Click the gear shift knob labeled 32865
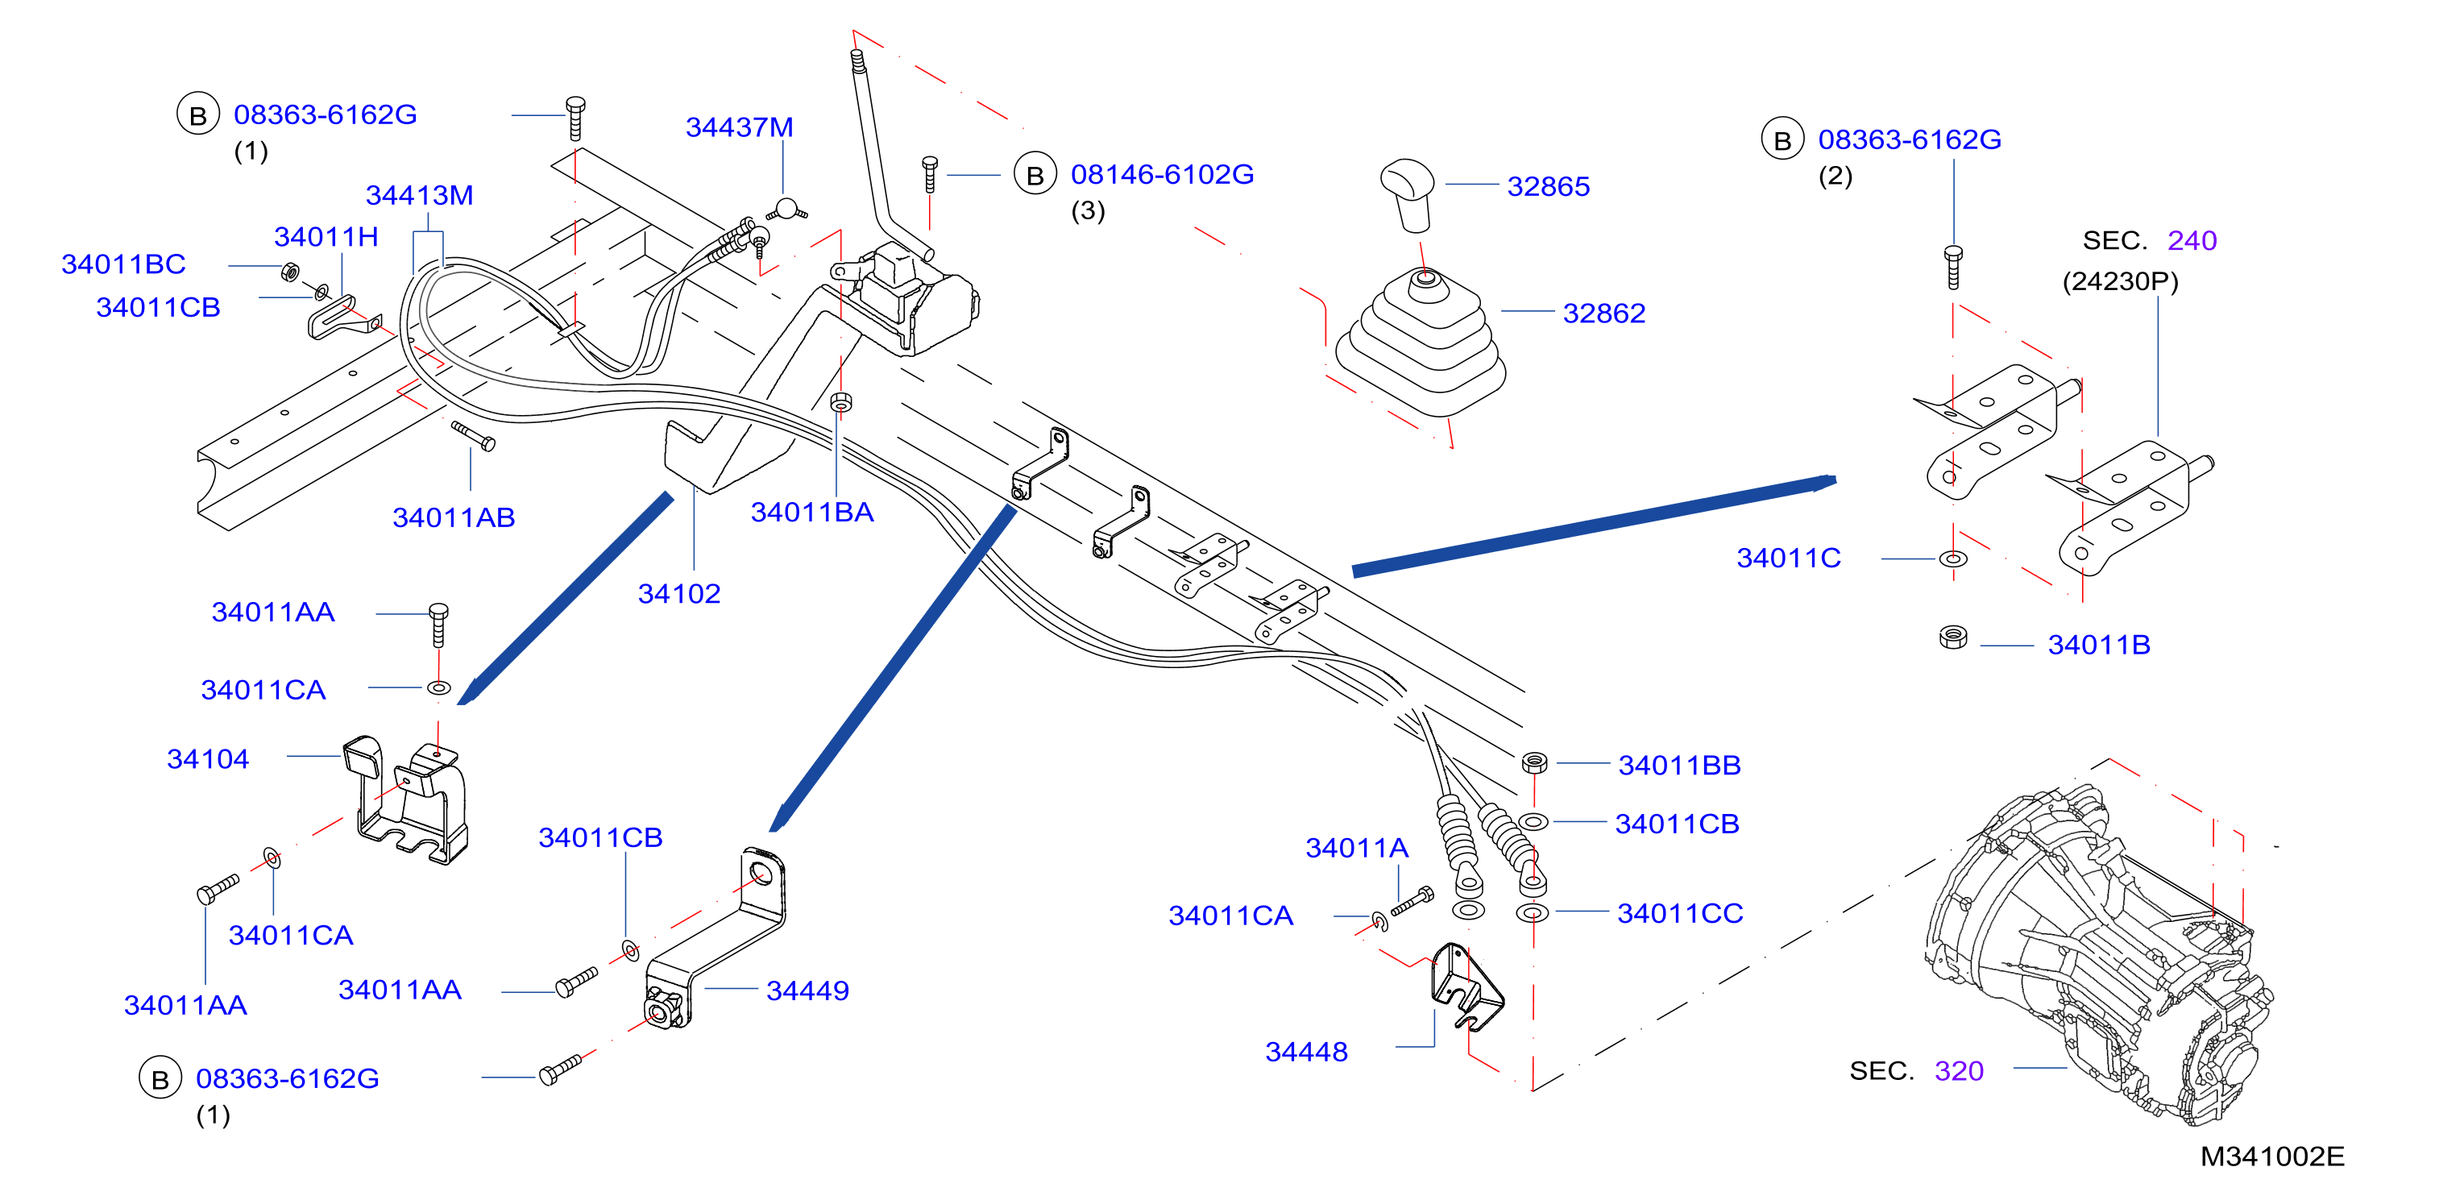click(1408, 194)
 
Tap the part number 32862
click(1604, 314)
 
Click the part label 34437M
click(740, 127)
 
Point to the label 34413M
click(420, 195)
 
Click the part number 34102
click(679, 594)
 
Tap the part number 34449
click(807, 990)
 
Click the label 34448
click(1307, 1052)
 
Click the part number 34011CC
click(1680, 914)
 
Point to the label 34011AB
click(454, 518)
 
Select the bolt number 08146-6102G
click(1162, 174)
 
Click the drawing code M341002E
click(2272, 1157)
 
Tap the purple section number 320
click(1959, 1071)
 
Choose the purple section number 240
click(2192, 240)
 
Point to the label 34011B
click(2099, 645)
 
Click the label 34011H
click(326, 237)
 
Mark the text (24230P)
click(2120, 281)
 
